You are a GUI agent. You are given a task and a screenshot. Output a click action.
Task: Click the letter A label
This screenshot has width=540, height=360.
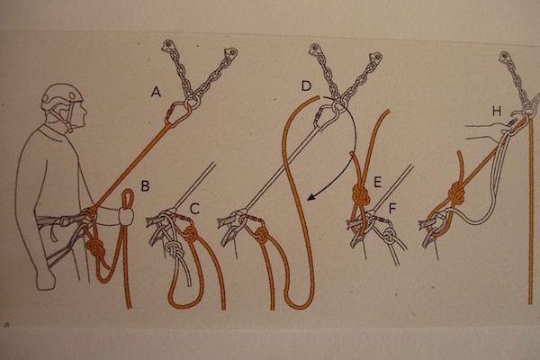pos(157,92)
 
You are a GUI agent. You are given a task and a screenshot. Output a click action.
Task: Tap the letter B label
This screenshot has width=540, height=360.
pos(145,185)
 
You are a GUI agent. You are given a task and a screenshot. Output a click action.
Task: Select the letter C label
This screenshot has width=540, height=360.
pos(194,209)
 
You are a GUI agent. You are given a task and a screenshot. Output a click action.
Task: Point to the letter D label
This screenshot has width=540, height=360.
pos(306,85)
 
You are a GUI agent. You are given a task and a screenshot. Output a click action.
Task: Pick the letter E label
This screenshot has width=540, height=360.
pos(377,182)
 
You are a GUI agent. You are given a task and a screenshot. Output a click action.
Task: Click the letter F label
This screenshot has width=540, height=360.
pos(392,209)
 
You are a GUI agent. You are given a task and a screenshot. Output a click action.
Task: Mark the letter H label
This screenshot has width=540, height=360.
pos(497,111)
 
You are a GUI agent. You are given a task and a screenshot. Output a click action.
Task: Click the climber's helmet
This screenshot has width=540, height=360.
pos(62,95)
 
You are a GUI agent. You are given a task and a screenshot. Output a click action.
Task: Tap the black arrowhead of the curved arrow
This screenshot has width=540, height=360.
pos(311,197)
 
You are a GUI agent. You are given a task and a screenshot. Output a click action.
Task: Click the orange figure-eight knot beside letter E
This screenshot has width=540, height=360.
pos(360,196)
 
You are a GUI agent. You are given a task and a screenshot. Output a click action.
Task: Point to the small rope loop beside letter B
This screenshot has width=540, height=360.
pos(128,199)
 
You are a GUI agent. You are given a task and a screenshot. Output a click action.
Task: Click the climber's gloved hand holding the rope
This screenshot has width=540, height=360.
pos(125,216)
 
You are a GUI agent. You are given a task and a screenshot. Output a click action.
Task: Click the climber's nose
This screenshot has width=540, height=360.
pos(85,112)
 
